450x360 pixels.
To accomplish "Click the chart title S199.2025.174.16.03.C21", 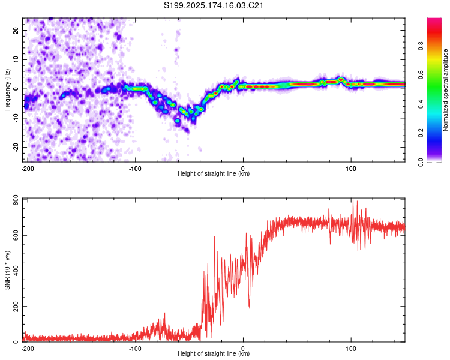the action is pos(213,5).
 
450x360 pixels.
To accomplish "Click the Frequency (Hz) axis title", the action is pos(7,89).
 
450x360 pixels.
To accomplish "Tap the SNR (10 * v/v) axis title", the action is pos(7,270).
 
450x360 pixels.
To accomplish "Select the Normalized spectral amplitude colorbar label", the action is pos(445,90).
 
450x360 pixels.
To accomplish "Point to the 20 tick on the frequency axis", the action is pos(16,30).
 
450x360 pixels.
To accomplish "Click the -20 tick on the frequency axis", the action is pos(16,147).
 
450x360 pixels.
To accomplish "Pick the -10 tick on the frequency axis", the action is pos(16,118).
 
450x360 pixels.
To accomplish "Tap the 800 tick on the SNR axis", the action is pos(16,200).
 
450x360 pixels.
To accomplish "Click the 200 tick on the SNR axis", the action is pos(16,307).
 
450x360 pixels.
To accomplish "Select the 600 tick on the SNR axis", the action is pos(16,235).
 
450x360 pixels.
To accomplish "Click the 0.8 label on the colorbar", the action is pos(421,46).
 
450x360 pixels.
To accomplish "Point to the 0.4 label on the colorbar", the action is pos(421,104).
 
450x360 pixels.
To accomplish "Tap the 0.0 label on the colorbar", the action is pos(421,163).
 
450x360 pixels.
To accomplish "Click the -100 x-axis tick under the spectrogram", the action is pos(135,169).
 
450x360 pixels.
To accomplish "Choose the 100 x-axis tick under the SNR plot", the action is pos(351,349).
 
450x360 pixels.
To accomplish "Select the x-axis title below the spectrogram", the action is pos(214,173).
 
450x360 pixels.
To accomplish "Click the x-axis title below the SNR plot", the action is pos(214,353).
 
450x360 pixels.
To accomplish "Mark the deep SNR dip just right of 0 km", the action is pos(249,307).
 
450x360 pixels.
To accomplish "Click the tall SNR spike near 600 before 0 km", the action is pos(214,236).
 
